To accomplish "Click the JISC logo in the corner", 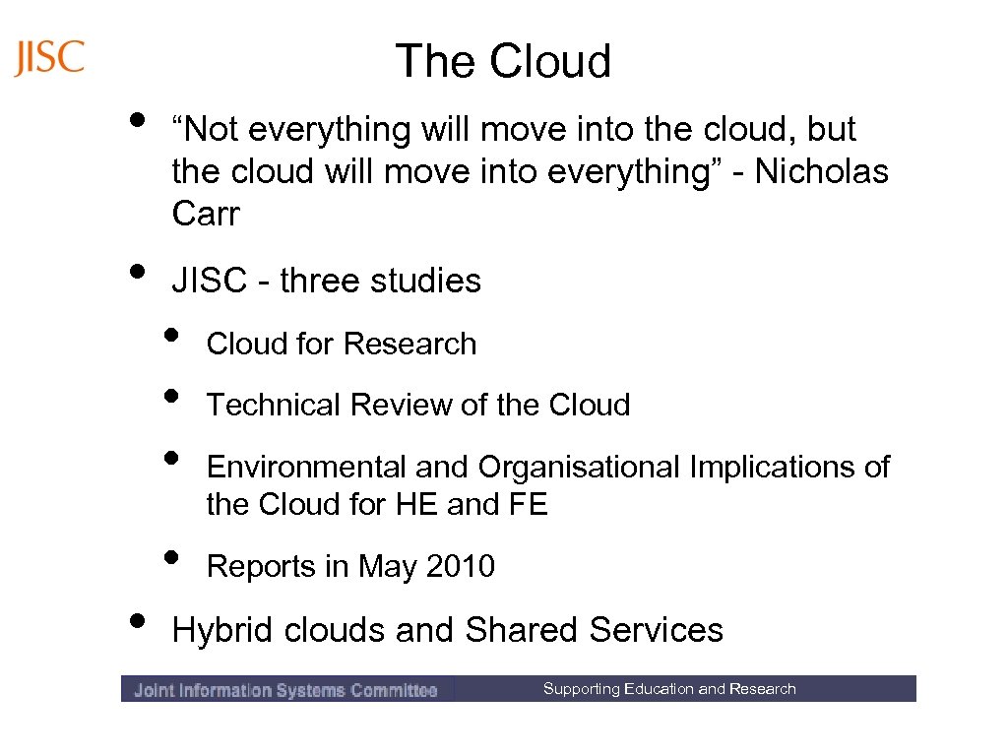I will point(50,58).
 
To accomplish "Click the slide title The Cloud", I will point(503,61).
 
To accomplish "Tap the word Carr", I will point(205,214).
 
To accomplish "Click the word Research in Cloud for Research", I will point(409,344).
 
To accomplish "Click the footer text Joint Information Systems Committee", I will point(285,690).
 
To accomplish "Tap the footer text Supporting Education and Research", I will point(669,689).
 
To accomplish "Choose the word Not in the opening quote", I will point(210,129).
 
